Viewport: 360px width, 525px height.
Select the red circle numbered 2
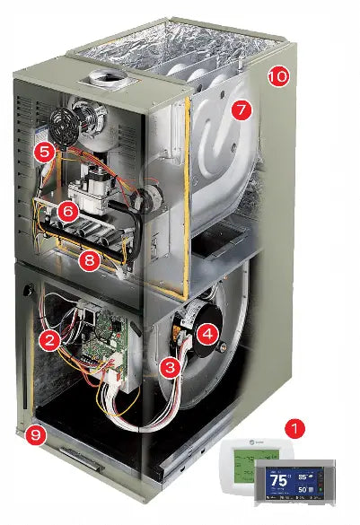[50, 338]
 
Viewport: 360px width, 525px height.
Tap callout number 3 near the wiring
[168, 366]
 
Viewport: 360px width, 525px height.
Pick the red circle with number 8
[89, 261]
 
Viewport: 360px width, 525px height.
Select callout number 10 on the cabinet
[277, 76]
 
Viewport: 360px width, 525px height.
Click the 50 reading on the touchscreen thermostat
[307, 491]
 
